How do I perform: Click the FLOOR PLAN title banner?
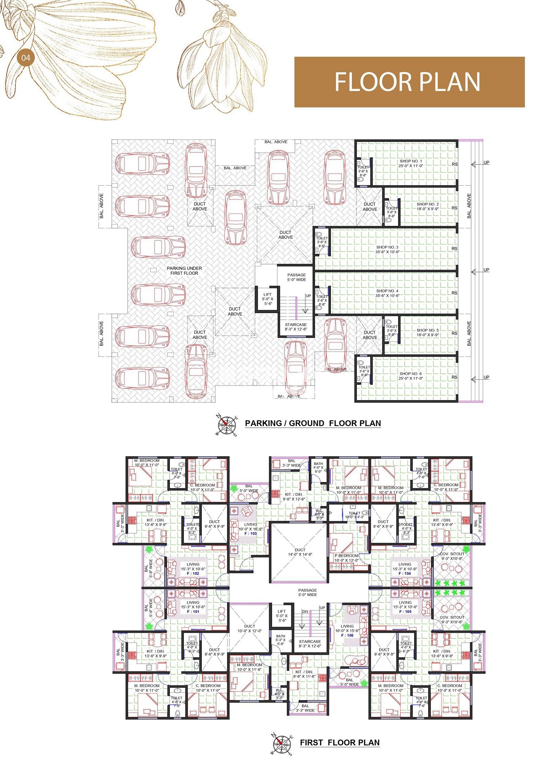(x=409, y=82)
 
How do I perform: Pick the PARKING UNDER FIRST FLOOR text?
(x=184, y=271)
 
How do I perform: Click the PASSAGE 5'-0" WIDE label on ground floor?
(x=296, y=277)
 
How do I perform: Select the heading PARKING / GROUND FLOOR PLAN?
(x=313, y=423)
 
